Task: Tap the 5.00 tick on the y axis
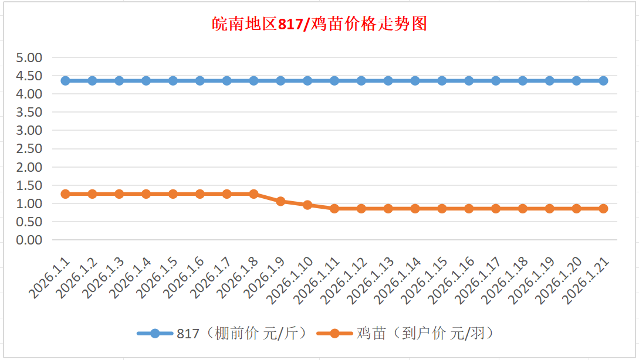click(30, 57)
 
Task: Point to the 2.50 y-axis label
click(30, 148)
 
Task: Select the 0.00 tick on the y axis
click(30, 240)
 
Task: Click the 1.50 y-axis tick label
click(30, 185)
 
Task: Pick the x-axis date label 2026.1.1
click(50, 279)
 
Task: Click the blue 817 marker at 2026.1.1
click(66, 80)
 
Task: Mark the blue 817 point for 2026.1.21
click(603, 80)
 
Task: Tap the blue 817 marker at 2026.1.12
click(361, 80)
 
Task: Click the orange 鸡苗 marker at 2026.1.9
click(280, 201)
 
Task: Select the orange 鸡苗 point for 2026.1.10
click(307, 205)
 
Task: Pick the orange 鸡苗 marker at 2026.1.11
click(334, 208)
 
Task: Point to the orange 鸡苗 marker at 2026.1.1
click(66, 193)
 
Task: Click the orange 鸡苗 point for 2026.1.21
click(603, 208)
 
